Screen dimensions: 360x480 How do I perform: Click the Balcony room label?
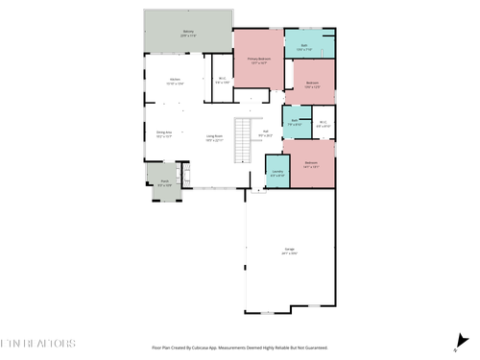click(188, 33)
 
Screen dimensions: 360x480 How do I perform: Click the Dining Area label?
click(164, 133)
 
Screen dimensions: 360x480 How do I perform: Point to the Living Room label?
click(214, 137)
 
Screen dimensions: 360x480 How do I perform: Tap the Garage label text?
click(289, 251)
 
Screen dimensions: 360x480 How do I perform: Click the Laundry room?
click(276, 174)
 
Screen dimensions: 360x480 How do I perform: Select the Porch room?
click(164, 183)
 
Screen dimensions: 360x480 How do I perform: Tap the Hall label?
click(265, 133)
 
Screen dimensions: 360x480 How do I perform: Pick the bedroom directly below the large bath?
click(313, 84)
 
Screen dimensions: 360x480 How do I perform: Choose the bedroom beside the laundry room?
click(312, 164)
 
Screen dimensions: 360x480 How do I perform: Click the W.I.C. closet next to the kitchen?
click(222, 81)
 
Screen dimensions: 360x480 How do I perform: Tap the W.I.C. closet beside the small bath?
click(324, 123)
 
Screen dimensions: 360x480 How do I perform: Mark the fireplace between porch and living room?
click(187, 176)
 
